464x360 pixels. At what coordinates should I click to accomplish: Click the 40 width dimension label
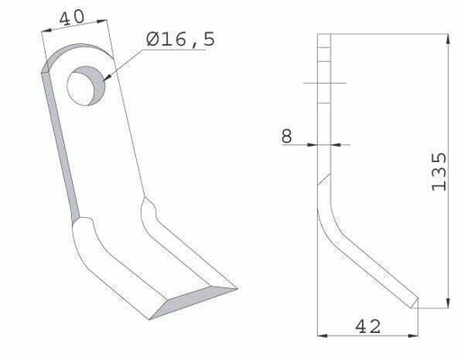(72, 17)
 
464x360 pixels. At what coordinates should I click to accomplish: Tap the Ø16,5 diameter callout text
(180, 40)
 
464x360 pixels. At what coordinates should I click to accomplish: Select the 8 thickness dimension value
(287, 136)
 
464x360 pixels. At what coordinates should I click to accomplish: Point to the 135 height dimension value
(439, 172)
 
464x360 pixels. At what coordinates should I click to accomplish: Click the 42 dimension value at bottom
(368, 327)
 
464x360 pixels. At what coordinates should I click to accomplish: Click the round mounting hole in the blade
(86, 85)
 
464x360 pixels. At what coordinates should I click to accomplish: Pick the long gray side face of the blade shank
(60, 144)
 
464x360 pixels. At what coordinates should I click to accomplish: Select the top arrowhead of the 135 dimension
(448, 40)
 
